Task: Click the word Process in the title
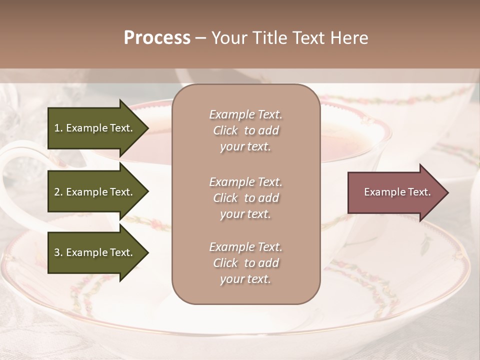point(157,37)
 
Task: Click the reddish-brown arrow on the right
point(395,192)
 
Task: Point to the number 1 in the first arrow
point(57,128)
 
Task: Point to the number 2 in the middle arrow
point(57,192)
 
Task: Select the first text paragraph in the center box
point(245,130)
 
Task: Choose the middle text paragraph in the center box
point(245,198)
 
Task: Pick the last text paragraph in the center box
point(245,263)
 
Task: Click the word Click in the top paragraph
point(225,130)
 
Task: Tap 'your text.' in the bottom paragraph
point(245,279)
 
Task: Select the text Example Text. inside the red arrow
point(397,192)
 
